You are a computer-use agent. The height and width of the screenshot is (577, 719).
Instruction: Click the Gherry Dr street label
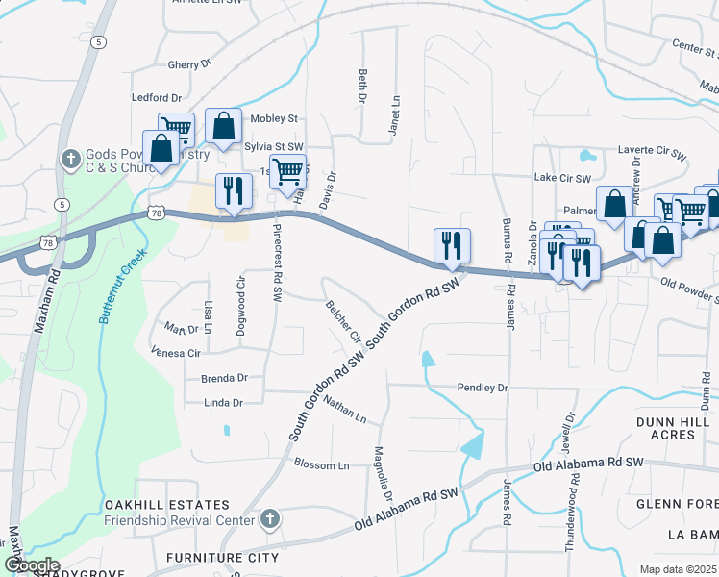[189, 64]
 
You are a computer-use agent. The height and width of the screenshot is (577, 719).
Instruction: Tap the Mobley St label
[274, 118]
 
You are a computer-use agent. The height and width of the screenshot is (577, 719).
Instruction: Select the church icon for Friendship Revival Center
[270, 519]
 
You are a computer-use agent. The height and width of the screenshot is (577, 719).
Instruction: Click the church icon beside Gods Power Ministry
[69, 158]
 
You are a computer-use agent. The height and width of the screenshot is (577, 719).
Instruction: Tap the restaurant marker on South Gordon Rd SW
[452, 246]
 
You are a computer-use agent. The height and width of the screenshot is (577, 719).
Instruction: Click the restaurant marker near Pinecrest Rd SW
[233, 191]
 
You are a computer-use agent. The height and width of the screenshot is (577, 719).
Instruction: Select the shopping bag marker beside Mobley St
[223, 126]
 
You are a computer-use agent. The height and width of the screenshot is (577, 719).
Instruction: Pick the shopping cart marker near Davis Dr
[287, 172]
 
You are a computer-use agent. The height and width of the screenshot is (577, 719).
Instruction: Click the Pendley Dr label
[483, 388]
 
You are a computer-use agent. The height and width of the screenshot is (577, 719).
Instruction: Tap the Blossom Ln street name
[322, 465]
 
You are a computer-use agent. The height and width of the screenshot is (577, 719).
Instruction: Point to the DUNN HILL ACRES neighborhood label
[678, 428]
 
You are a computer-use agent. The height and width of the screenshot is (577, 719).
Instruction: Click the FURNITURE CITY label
[222, 558]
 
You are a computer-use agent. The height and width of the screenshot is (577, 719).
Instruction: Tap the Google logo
[32, 565]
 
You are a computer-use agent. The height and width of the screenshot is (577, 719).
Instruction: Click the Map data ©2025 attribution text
[678, 569]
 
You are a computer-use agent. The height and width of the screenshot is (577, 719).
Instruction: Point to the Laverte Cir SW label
[653, 153]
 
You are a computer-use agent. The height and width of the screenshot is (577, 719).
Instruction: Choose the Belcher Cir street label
[343, 324]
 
